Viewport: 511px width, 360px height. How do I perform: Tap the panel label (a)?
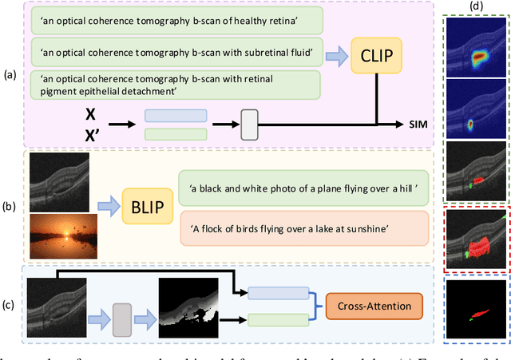(x=10, y=75)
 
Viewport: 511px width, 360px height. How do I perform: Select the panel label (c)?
(x=10, y=305)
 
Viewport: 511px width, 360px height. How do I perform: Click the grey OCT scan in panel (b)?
(x=59, y=179)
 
